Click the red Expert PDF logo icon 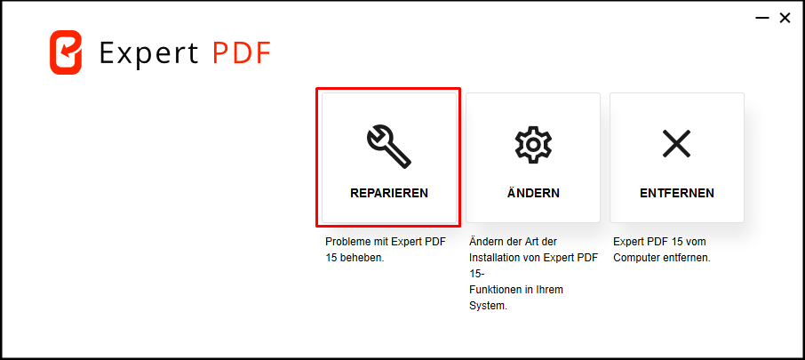(x=66, y=52)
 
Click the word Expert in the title (x=149, y=53)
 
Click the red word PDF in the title (x=242, y=52)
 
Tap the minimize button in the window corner (x=761, y=19)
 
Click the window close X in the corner (x=785, y=19)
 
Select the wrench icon (x=388, y=148)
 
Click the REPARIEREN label (x=388, y=193)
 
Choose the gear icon (x=533, y=144)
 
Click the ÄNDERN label (x=533, y=192)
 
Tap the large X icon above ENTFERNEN (x=677, y=143)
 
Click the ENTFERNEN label (x=677, y=193)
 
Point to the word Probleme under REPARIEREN (x=345, y=242)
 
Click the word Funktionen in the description (x=494, y=290)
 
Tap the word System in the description (x=488, y=306)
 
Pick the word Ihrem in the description (x=552, y=290)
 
